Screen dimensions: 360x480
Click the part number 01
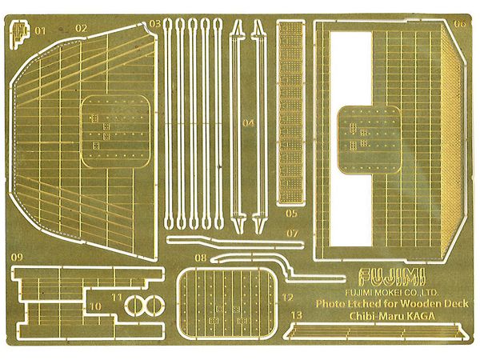[38, 29]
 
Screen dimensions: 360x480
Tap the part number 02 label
[81, 28]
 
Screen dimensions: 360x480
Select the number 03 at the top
[154, 25]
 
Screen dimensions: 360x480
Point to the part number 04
[249, 123]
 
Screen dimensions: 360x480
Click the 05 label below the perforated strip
[290, 214]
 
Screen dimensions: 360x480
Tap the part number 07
[292, 233]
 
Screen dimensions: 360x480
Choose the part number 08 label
[200, 258]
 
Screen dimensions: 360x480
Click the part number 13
[297, 316]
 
